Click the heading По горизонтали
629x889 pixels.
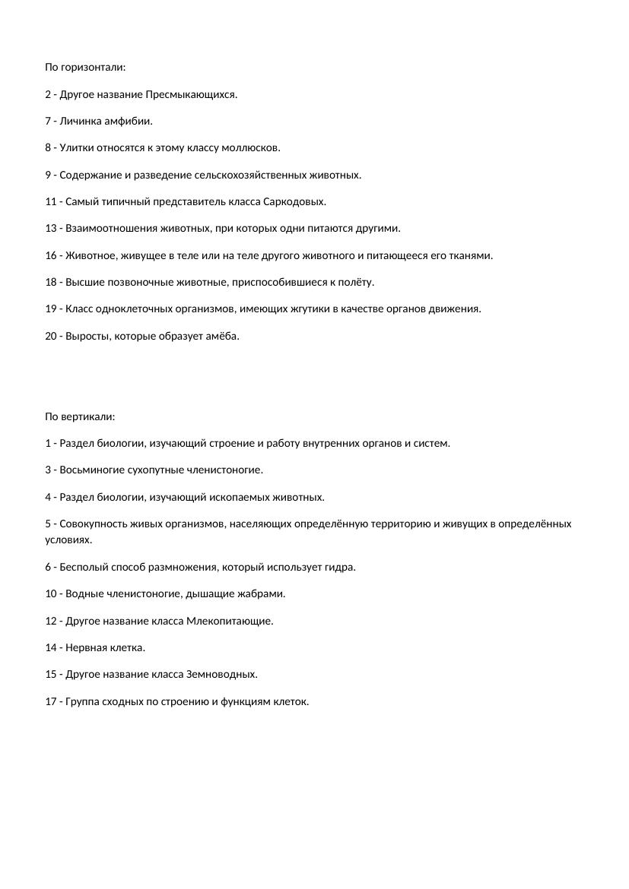[85, 68]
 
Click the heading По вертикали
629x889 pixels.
[80, 416]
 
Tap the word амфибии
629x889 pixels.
[132, 122]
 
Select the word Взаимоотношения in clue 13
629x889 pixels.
[100, 229]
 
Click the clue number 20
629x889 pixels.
[52, 336]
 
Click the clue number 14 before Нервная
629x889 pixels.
[52, 648]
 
